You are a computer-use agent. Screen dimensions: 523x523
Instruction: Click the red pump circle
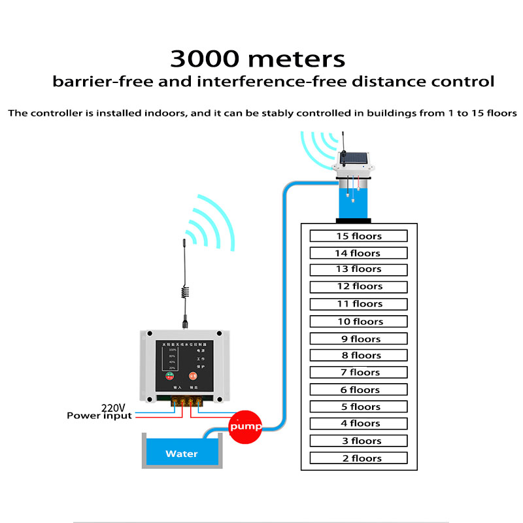(245, 426)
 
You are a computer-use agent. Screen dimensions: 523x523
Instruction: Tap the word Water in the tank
(181, 453)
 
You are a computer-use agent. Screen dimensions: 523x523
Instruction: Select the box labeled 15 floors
(358, 236)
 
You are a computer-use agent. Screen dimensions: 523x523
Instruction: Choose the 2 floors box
(358, 458)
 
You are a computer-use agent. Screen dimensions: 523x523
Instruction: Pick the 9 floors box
(358, 339)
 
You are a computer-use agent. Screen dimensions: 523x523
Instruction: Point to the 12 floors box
(358, 286)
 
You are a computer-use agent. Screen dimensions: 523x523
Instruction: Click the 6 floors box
(358, 390)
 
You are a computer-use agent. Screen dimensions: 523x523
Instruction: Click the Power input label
(99, 416)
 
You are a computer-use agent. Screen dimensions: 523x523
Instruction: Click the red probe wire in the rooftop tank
(360, 186)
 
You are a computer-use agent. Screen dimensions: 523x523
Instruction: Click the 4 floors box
(358, 424)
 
